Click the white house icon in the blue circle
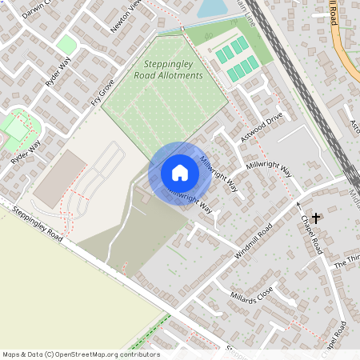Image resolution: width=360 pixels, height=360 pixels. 180,173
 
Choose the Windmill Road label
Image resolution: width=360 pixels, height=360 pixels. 254,236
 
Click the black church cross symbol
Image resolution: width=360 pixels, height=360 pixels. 317,217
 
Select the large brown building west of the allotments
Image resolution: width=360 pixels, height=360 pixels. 59,178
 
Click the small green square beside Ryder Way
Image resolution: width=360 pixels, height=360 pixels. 66,45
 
